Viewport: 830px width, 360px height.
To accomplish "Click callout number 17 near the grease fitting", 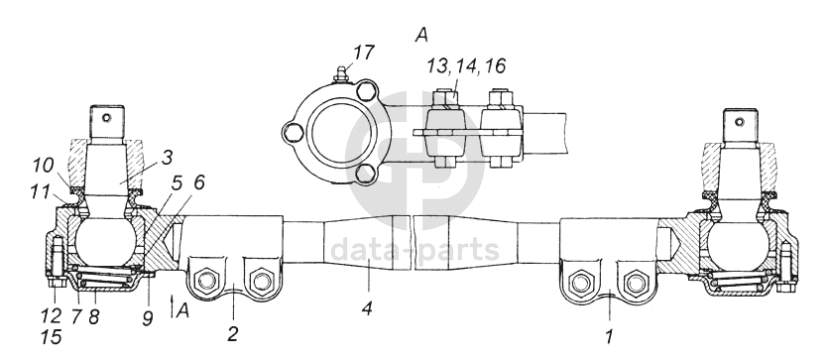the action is [363, 53].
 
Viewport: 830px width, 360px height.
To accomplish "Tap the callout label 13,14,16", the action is [466, 65].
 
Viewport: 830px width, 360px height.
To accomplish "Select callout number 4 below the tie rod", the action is [367, 308].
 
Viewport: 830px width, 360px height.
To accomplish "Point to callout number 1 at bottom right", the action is [609, 337].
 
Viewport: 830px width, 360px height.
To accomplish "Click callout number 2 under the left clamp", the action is [233, 333].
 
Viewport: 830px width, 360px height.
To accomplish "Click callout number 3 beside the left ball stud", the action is [167, 158].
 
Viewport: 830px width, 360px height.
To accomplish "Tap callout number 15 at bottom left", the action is [52, 337].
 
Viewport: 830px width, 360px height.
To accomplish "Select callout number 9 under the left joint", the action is [147, 317].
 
